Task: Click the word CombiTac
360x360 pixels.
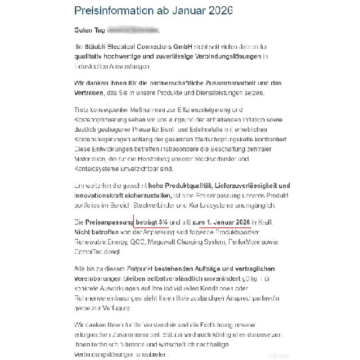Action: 88,249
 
